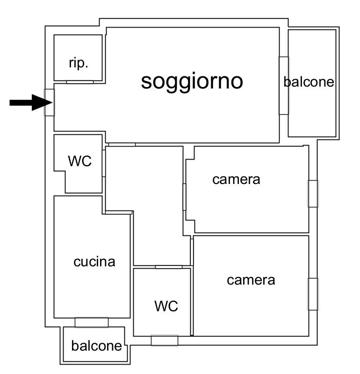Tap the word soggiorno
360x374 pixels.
click(x=192, y=81)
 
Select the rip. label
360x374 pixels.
click(x=78, y=63)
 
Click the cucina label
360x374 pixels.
click(x=94, y=262)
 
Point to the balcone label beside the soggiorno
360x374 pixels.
click(x=309, y=82)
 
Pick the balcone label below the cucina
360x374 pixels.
click(x=96, y=346)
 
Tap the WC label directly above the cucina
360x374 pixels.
click(x=79, y=161)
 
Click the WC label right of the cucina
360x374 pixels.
click(x=166, y=306)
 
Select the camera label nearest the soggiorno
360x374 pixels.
click(x=236, y=179)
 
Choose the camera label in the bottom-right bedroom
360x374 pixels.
click(x=251, y=280)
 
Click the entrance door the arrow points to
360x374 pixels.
click(x=49, y=102)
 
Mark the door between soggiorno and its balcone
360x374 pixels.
click(x=283, y=85)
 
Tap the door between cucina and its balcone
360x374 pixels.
click(x=91, y=322)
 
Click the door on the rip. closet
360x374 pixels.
click(x=79, y=82)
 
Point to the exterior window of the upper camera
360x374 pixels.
click(x=313, y=193)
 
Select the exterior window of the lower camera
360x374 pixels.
click(x=313, y=293)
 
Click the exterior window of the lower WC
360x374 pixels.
click(x=165, y=340)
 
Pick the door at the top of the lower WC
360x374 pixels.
click(x=168, y=267)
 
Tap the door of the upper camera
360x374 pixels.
click(x=185, y=197)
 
